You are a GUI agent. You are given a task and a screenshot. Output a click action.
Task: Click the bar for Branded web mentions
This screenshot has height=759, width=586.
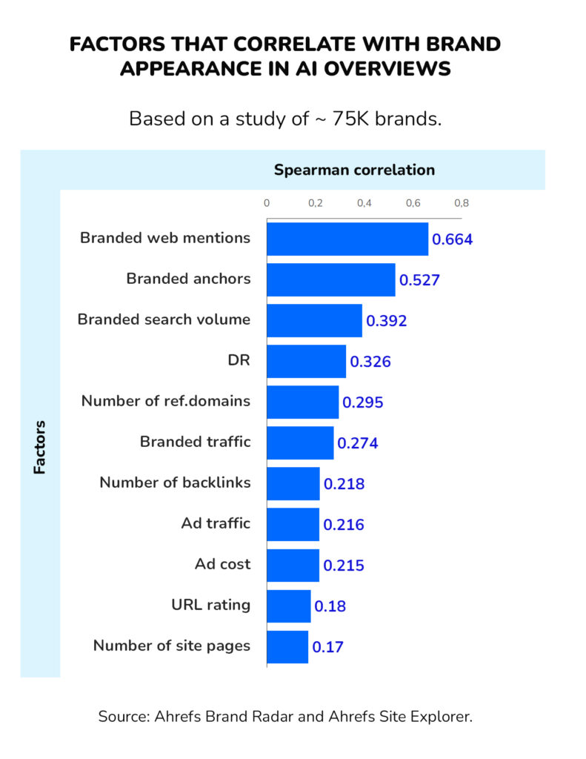click(347, 239)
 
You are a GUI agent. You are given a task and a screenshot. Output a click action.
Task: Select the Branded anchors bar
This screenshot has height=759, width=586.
click(330, 279)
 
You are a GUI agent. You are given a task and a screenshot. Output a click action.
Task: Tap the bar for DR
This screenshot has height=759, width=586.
click(306, 362)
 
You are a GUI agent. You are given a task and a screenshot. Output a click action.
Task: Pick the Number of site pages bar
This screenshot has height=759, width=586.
click(287, 646)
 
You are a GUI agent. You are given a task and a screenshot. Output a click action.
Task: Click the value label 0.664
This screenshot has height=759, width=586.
click(452, 239)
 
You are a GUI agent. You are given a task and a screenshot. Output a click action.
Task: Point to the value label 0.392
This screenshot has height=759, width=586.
click(387, 321)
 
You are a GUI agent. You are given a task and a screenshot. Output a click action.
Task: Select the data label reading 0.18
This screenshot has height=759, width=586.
click(330, 606)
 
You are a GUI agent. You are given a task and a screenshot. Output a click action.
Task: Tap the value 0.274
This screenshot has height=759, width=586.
click(358, 443)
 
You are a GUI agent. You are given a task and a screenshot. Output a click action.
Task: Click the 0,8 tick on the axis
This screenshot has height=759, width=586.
click(461, 202)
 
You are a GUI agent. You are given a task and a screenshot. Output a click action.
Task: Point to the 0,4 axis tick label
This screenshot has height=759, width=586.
click(364, 202)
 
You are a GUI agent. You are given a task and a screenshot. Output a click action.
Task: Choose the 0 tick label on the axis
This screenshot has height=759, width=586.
click(267, 202)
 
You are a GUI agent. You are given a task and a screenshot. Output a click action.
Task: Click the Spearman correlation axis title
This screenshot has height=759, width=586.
click(354, 170)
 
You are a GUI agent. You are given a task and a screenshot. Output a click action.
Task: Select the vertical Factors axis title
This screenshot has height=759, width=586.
click(39, 447)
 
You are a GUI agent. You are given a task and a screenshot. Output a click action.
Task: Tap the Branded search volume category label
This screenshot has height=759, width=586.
click(164, 319)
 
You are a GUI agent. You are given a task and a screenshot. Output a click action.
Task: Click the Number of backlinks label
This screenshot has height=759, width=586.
click(175, 483)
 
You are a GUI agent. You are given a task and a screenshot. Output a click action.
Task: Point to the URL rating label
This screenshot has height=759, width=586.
click(210, 605)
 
